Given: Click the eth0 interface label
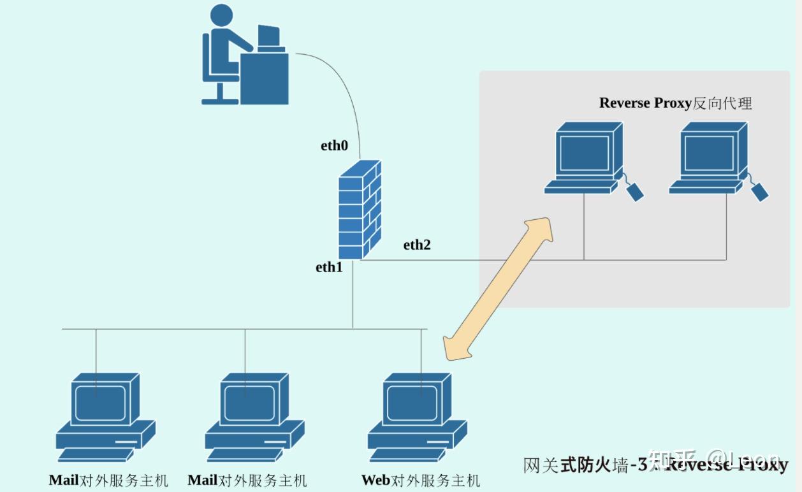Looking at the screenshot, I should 334,146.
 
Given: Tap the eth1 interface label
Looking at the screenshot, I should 329,268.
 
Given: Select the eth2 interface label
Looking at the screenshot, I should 417,245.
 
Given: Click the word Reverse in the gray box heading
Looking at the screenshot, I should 625,103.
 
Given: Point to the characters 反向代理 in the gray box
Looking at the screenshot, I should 722,103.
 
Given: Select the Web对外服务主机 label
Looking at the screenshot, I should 420,481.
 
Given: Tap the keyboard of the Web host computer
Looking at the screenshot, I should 408,454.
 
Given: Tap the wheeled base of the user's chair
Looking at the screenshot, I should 220,99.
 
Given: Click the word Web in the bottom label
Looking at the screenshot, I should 375,481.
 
